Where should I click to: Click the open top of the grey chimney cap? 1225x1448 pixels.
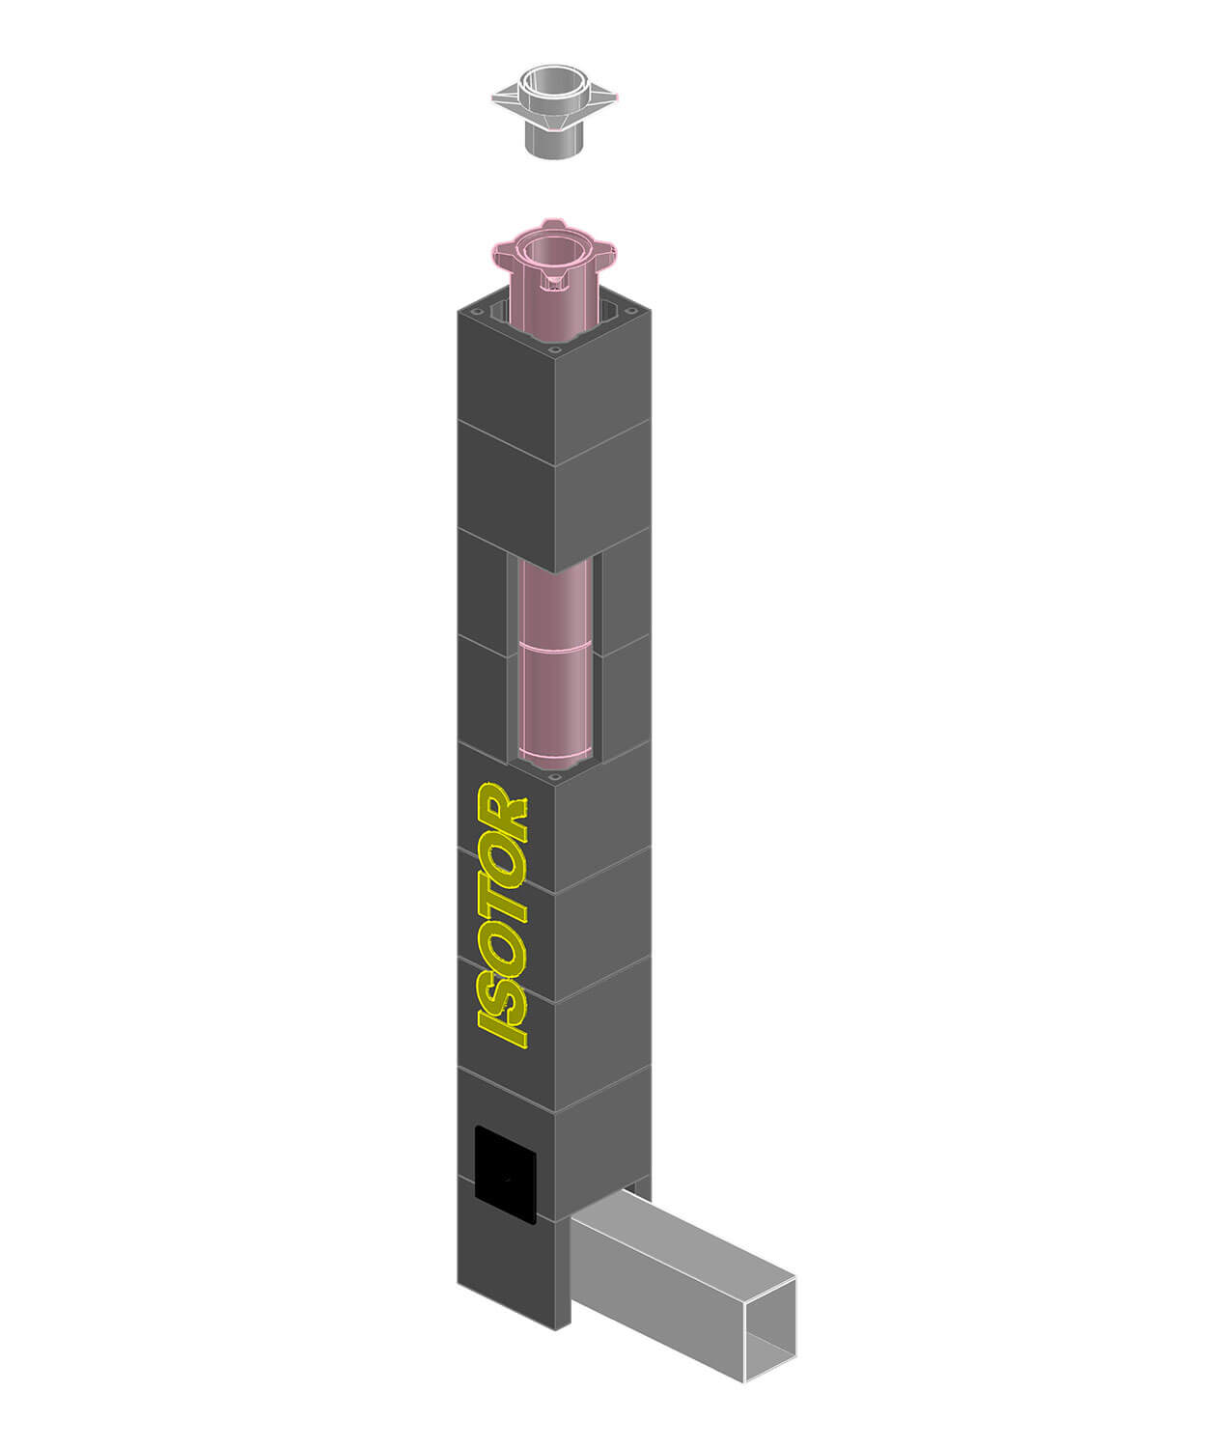554,79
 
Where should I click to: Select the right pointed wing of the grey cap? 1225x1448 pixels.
602,97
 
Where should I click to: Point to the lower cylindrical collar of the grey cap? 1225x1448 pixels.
554,143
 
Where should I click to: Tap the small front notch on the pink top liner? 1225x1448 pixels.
554,282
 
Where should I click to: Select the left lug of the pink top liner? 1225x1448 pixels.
502,255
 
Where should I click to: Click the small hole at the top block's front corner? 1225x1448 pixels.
555,349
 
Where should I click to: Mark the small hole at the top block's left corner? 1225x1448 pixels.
470,309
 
